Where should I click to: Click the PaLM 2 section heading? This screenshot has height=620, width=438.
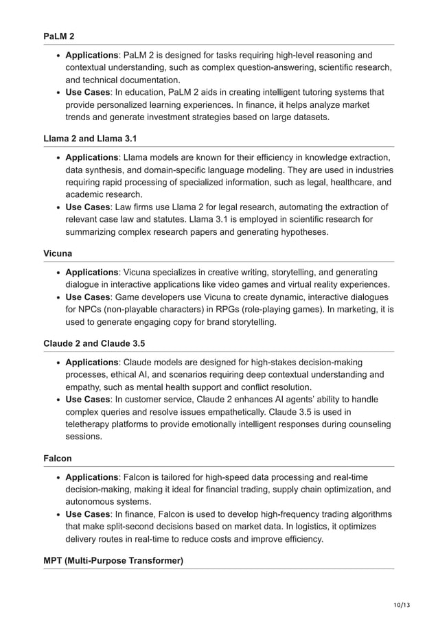(59, 36)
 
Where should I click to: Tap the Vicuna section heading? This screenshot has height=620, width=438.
(58, 253)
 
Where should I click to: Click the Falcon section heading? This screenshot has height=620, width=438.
(58, 457)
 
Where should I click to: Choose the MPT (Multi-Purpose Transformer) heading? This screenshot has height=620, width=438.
(113, 560)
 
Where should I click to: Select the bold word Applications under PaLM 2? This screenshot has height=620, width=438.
(92, 56)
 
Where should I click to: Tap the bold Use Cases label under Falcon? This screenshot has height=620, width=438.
(88, 514)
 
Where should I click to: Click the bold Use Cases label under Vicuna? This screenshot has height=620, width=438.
(88, 297)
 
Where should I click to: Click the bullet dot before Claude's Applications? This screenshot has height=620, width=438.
(59, 363)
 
